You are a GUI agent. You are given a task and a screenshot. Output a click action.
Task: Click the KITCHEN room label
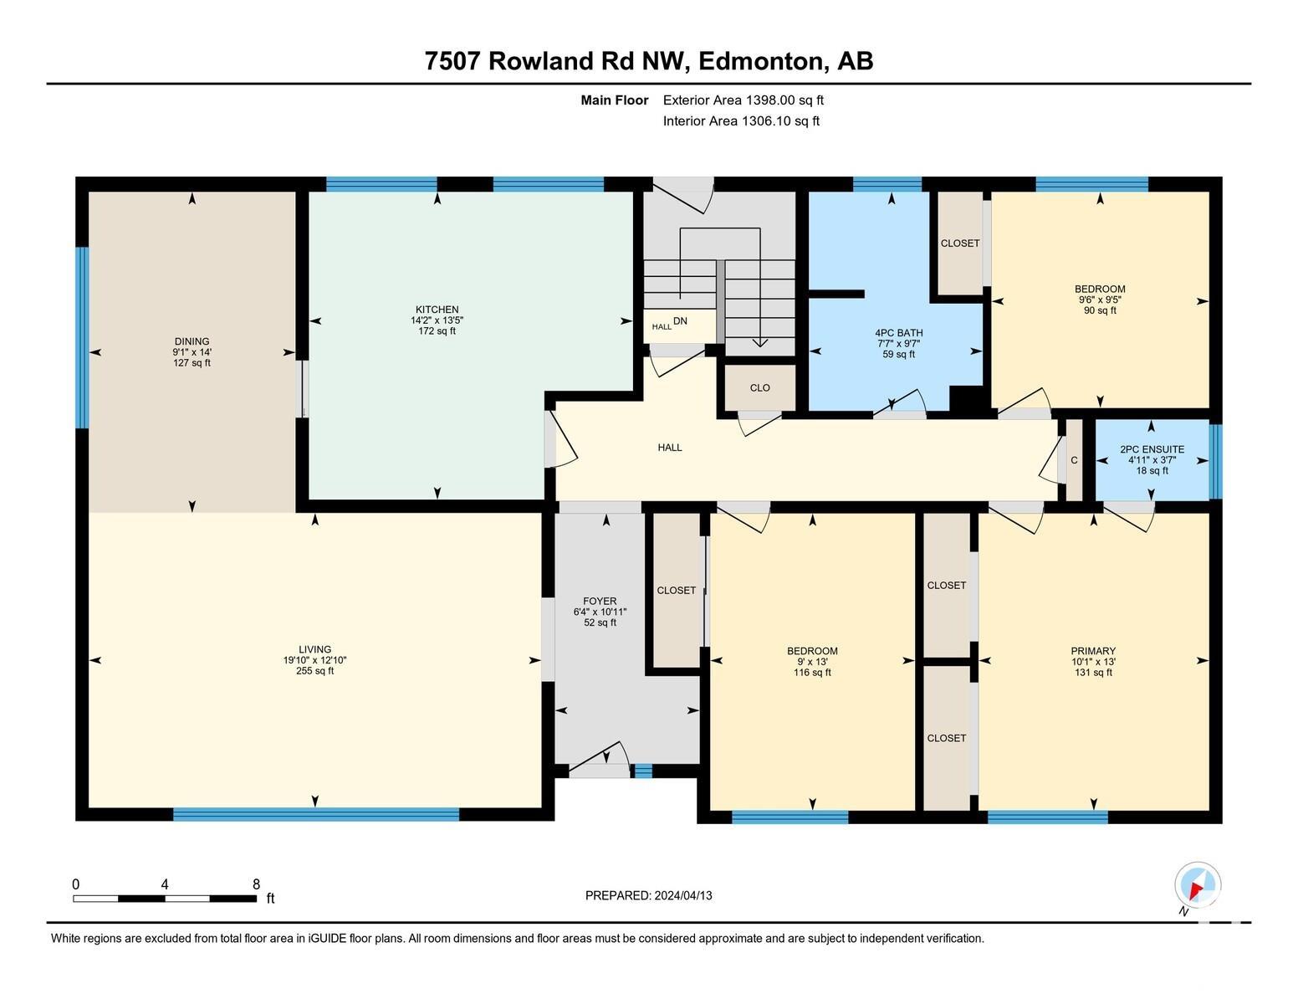[x=437, y=310]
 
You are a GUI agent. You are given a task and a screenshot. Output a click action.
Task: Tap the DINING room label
[x=192, y=341]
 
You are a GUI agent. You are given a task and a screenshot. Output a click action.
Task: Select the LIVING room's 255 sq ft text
[x=314, y=671]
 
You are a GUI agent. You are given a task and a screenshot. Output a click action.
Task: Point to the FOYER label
[x=600, y=601]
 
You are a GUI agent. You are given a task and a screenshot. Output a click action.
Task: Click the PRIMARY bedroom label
[x=1093, y=651]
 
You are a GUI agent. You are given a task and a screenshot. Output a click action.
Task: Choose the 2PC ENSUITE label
[x=1152, y=449]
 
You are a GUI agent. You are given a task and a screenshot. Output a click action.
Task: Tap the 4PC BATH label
[x=898, y=333]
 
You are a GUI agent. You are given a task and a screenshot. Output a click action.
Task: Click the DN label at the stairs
[x=680, y=320]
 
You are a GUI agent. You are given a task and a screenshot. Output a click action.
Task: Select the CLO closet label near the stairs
[x=759, y=387]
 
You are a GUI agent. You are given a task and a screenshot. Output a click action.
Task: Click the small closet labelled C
[x=1074, y=460]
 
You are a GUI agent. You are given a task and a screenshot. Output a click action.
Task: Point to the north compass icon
[x=1198, y=885]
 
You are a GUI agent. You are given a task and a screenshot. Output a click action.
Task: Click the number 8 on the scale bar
[x=256, y=884]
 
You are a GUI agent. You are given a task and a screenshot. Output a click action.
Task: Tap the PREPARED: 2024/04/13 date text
[x=648, y=895]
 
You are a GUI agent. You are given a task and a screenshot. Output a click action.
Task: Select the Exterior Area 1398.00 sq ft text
[x=743, y=100]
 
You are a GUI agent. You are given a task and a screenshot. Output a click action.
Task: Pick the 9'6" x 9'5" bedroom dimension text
[x=1100, y=300]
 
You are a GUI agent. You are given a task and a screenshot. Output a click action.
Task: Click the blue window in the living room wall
[x=316, y=813]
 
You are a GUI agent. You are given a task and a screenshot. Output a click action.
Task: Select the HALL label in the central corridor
[x=670, y=448]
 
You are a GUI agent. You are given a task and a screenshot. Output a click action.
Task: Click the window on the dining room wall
[x=83, y=337]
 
